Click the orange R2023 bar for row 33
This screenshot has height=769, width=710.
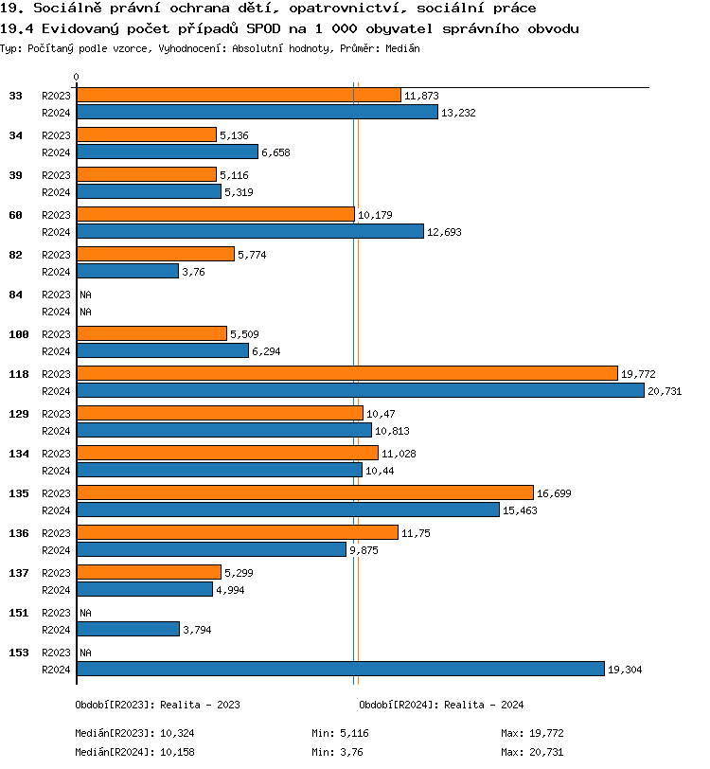coord(239,96)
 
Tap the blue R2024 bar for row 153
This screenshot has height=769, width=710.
coord(340,669)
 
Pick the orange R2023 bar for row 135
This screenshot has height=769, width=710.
coord(305,492)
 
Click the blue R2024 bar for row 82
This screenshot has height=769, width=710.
coord(127,271)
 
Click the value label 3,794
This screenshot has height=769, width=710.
coord(197,630)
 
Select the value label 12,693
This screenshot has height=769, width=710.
coord(444,232)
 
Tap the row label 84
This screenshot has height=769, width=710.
coord(16,295)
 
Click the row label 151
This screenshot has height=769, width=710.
coord(16,613)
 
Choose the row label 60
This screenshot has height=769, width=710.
coord(16,215)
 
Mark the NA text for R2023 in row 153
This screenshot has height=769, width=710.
coord(85,653)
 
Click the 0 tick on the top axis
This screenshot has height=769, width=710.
coord(77,78)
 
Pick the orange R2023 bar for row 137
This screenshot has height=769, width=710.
coord(149,572)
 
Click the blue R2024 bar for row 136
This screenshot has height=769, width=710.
coord(211,549)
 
